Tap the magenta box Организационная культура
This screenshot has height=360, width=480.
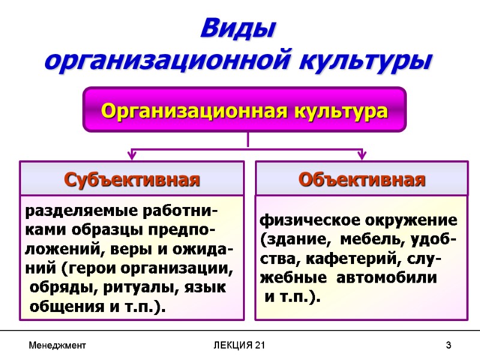244,110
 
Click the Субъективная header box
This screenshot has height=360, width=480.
131,179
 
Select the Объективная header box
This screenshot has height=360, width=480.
362,179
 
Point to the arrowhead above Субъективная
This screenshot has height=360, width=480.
131,155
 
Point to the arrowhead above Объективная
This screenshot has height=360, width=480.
362,155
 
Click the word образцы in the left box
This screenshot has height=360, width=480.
100,230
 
